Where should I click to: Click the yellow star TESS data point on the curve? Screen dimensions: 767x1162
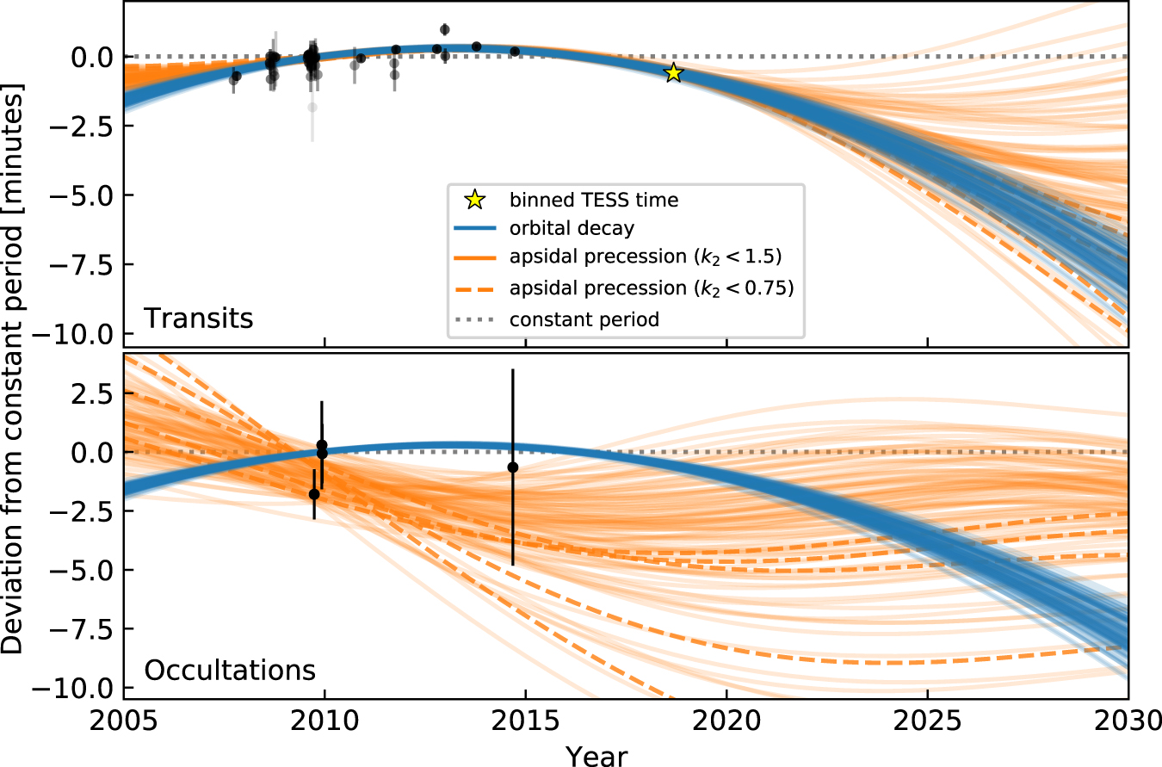point(673,73)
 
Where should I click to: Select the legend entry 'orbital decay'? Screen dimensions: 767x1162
point(571,229)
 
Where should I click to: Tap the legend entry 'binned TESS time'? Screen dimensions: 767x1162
point(594,200)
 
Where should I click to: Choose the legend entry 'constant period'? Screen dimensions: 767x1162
point(584,319)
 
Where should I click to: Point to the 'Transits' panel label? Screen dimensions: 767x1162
point(198,319)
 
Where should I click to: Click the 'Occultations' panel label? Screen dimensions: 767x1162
point(229,670)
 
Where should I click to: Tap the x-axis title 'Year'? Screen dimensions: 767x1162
point(596,755)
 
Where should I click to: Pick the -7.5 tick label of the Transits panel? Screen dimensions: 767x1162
point(89,265)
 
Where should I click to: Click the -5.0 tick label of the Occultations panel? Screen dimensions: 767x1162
point(89,570)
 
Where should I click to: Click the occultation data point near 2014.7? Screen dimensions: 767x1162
point(513,467)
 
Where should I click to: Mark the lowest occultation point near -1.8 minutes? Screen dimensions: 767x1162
point(314,494)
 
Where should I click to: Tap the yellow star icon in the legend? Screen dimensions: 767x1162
point(473,200)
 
